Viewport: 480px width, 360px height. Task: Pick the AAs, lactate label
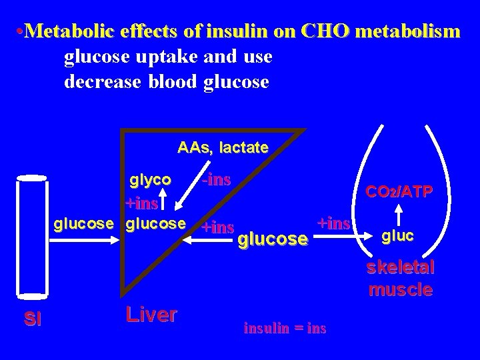coord(223,147)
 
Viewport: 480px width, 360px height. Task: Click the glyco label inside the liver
coord(151,180)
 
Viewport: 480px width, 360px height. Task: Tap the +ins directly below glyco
coord(142,203)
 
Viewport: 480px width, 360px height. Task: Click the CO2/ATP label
coord(400,192)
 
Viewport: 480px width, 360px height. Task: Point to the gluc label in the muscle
coord(398,235)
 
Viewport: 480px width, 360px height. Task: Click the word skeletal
coord(400,268)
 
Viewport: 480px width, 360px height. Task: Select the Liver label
coord(151,315)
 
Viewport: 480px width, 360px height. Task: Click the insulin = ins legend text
coord(285,328)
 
